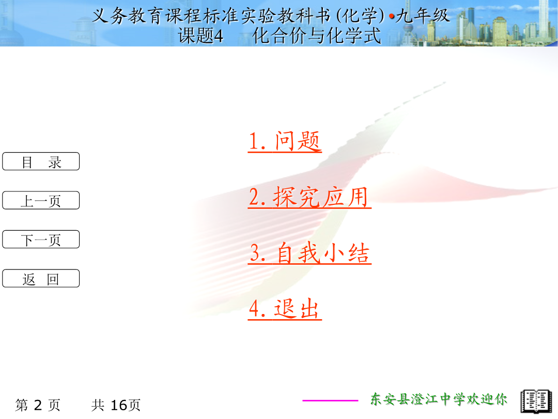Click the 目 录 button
click(x=41, y=161)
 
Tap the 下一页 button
click(x=41, y=240)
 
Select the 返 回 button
click(x=41, y=278)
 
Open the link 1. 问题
click(x=285, y=141)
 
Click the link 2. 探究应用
click(x=309, y=197)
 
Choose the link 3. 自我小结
click(x=309, y=253)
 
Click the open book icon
click(x=536, y=401)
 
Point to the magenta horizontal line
click(x=330, y=400)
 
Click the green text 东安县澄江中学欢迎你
click(x=439, y=399)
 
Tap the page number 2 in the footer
click(x=38, y=405)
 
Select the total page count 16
click(x=119, y=405)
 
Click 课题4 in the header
click(x=200, y=36)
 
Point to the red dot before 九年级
click(x=392, y=17)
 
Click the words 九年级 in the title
click(x=423, y=16)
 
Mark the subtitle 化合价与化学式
click(x=316, y=36)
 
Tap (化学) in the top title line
click(x=361, y=16)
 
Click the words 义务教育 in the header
click(x=128, y=16)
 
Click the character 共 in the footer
click(x=98, y=405)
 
